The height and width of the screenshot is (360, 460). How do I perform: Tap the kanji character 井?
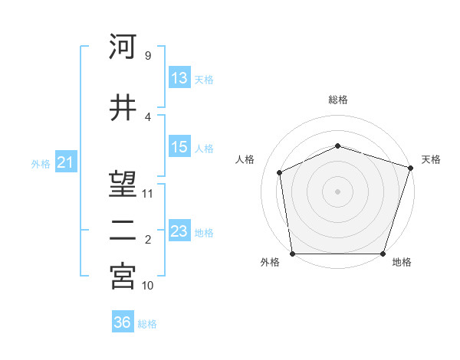pos(123,107)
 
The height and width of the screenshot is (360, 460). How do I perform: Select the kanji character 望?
pos(123,184)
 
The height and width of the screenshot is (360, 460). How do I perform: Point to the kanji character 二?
pos(123,231)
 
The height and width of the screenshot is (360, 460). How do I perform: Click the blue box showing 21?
pos(65,163)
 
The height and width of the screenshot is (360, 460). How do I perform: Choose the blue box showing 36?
pos(122,323)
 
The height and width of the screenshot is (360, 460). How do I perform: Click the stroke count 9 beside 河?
pos(147,55)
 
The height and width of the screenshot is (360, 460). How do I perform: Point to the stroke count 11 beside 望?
pos(148,193)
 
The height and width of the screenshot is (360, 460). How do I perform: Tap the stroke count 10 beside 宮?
pos(148,285)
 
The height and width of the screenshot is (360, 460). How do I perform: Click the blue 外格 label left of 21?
pos(40,164)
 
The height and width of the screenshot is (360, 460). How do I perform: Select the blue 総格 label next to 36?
pos(147,324)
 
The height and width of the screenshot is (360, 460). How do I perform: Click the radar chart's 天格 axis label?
pos(431,159)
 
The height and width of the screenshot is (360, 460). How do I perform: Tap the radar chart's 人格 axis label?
pos(245,159)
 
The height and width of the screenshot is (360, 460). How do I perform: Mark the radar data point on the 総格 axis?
pos(338,146)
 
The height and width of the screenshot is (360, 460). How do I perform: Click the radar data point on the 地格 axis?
pos(383,254)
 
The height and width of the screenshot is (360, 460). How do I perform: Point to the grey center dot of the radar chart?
pos(338,191)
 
